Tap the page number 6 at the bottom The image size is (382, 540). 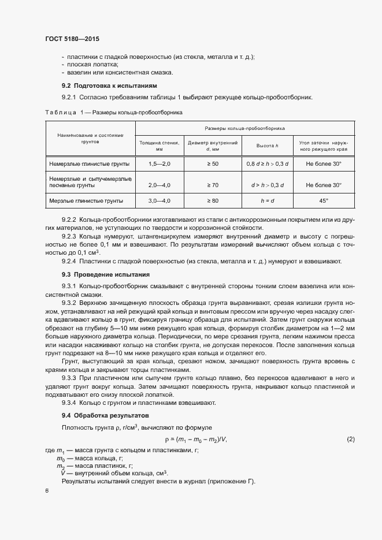tap(47, 490)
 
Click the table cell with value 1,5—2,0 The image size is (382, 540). tap(160, 165)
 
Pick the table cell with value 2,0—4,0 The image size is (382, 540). tap(160, 185)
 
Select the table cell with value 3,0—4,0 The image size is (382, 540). tap(160, 201)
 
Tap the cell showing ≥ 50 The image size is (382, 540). tap(213, 165)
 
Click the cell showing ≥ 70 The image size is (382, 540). tap(213, 185)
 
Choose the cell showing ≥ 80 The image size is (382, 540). tap(213, 201)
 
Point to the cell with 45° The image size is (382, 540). tap(324, 201)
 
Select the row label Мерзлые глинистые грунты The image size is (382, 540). tap(86, 201)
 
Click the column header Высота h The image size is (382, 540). tap(268, 146)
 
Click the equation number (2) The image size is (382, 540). tap(351, 440)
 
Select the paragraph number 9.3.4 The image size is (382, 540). tap(71, 403)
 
